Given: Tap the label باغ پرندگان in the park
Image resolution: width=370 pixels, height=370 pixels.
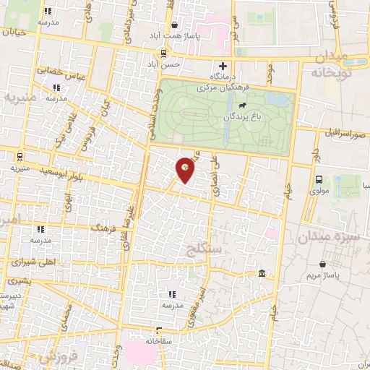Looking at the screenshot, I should click(241, 116).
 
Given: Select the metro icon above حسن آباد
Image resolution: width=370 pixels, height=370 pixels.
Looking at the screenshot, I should click(164, 53).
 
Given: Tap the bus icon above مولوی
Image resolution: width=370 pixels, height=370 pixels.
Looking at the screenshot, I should click(319, 181).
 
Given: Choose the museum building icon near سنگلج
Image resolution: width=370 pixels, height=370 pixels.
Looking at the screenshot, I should click(262, 272).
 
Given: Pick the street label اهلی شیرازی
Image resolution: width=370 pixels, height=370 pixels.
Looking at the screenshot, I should click(31, 264).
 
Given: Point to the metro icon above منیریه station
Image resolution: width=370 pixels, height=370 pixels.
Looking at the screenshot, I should click(19, 157).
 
